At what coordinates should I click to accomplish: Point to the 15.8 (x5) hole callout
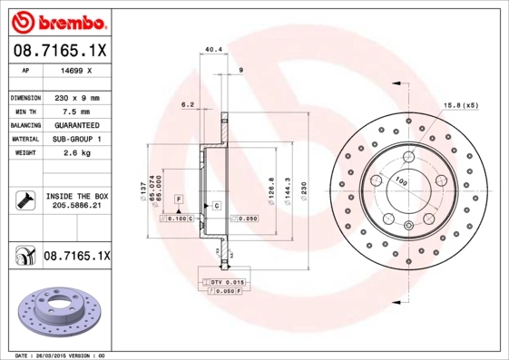tap(460, 106)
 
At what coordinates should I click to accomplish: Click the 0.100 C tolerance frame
tap(178, 219)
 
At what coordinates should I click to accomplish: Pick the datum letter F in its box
tap(179, 198)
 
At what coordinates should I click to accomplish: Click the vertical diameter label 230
tap(306, 188)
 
